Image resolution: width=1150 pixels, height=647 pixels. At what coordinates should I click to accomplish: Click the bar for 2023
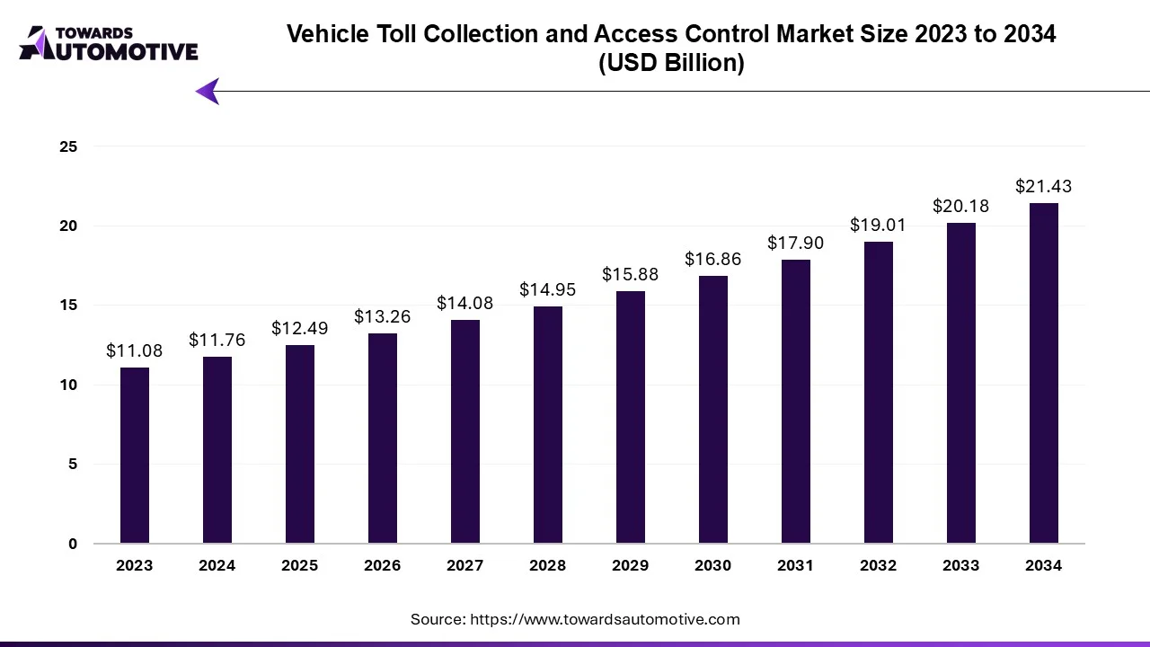click(135, 456)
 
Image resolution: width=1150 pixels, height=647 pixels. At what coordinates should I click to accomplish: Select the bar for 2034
click(1044, 373)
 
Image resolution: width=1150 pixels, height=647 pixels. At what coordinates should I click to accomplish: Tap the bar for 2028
click(548, 425)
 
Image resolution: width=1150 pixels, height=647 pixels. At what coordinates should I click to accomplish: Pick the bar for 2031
click(796, 402)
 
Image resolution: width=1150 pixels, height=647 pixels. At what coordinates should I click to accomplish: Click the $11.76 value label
click(217, 341)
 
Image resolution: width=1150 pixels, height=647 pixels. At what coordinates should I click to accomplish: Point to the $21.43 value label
click(1044, 187)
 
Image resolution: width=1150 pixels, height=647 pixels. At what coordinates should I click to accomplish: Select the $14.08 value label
click(465, 304)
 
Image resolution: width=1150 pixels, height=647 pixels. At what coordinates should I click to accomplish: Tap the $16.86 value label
click(713, 260)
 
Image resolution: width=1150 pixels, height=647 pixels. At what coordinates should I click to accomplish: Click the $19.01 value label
click(879, 226)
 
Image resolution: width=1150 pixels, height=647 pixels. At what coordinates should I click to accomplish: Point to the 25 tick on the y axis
click(69, 146)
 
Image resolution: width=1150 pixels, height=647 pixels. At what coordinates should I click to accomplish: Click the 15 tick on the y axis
click(69, 306)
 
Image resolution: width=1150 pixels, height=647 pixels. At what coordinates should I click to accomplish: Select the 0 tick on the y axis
click(73, 544)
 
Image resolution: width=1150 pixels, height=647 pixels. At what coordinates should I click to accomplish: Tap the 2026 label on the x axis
click(383, 566)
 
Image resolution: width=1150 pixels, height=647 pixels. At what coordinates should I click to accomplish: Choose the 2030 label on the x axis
click(713, 566)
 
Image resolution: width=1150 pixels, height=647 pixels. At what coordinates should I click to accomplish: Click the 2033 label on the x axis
click(961, 566)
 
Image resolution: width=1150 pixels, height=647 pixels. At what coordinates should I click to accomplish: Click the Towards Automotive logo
click(108, 43)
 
